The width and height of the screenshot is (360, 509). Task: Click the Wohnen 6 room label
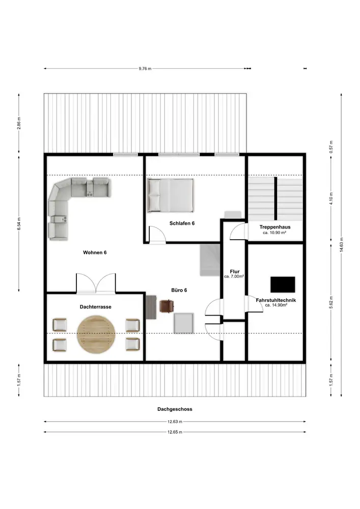click(95, 252)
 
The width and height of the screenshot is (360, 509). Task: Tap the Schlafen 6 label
click(182, 223)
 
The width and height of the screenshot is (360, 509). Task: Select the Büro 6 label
click(179, 290)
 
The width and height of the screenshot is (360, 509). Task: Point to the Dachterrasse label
click(95, 307)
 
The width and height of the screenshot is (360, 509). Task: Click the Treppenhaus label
click(275, 227)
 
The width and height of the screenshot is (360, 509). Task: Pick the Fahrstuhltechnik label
click(276, 300)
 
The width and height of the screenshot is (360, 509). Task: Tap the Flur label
click(235, 272)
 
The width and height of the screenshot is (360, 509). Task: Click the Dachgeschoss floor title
click(175, 409)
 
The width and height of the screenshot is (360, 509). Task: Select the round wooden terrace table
click(96, 335)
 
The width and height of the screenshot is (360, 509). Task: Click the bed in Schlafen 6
click(171, 195)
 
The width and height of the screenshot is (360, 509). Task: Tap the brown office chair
click(167, 306)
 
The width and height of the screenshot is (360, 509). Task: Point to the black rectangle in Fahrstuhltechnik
click(283, 285)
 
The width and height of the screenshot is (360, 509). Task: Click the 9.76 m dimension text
click(145, 69)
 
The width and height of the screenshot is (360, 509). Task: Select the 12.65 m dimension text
click(175, 432)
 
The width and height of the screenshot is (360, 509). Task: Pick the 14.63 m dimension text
click(341, 245)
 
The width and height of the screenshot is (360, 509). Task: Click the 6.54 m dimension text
click(19, 224)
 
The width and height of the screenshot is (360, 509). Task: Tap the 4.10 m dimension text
click(331, 199)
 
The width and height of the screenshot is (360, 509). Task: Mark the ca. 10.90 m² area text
click(274, 233)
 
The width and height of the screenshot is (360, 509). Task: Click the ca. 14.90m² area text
click(276, 305)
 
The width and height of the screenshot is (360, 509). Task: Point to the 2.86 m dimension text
click(19, 123)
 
